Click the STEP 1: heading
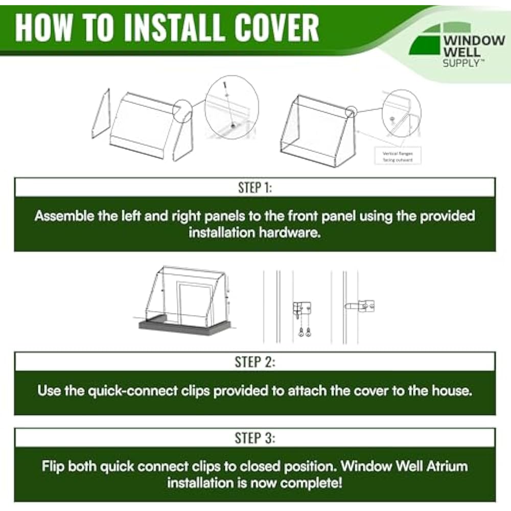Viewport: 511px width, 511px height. tap(255, 188)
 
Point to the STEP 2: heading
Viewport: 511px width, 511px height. tap(255, 362)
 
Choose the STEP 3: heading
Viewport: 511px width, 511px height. tap(255, 438)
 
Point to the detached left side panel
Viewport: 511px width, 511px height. tap(100, 113)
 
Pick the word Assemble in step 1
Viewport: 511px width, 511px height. tap(65, 216)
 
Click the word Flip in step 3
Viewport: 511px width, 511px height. tap(53, 467)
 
